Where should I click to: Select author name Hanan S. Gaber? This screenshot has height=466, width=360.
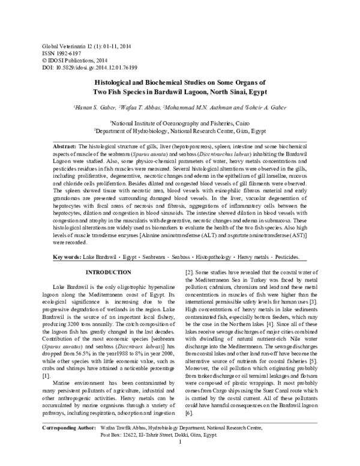click(94, 107)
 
